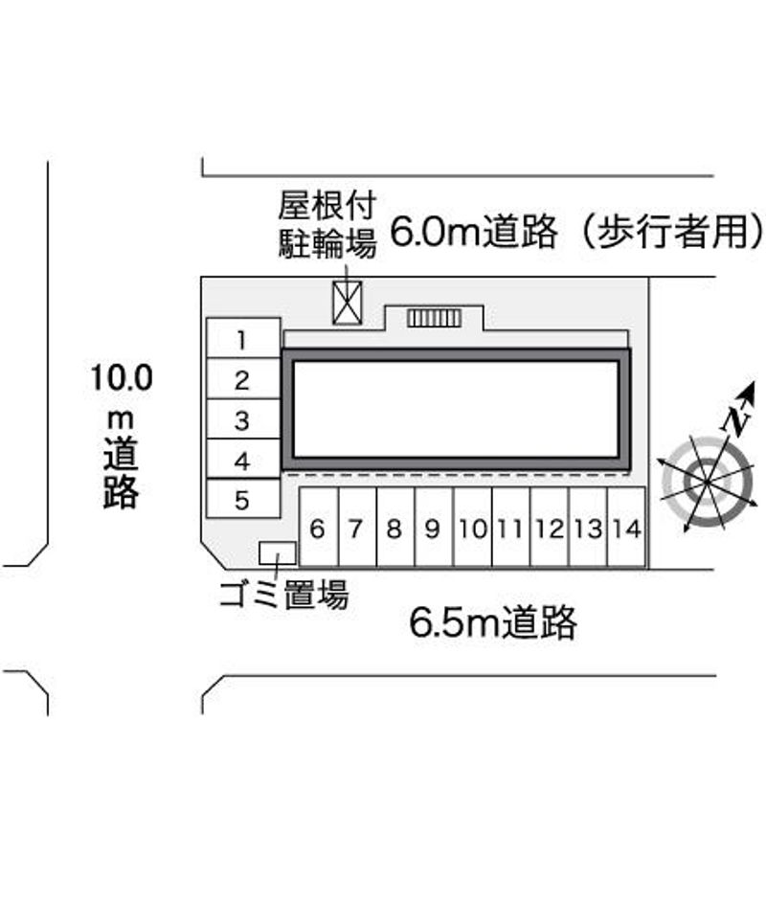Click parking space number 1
[243, 339]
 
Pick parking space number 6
[319, 528]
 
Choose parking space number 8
[394, 528]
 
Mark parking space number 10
[472, 528]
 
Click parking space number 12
[550, 528]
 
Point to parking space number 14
[627, 528]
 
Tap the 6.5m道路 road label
[493, 623]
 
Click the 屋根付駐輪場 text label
[327, 224]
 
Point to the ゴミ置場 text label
[282, 596]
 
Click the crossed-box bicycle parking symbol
[346, 303]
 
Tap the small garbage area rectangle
[278, 552]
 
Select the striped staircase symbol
[435, 318]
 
